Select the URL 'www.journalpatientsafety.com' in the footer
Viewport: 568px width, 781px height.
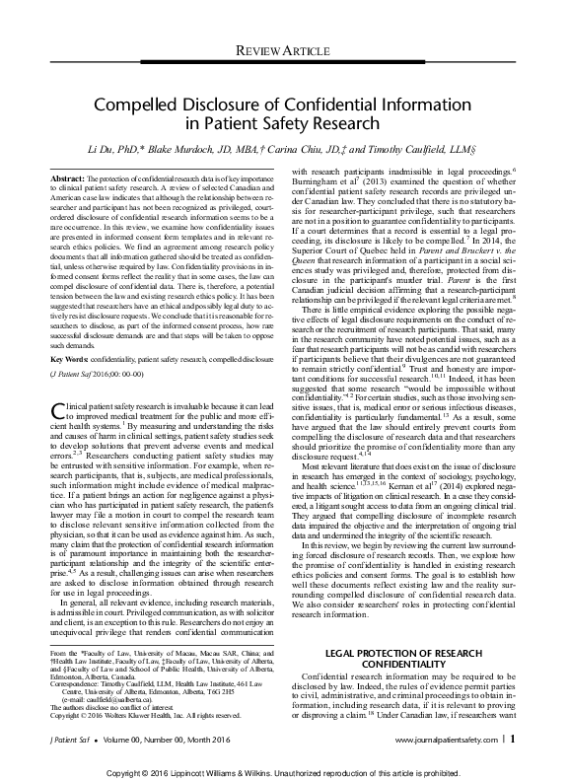tap(445, 737)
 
